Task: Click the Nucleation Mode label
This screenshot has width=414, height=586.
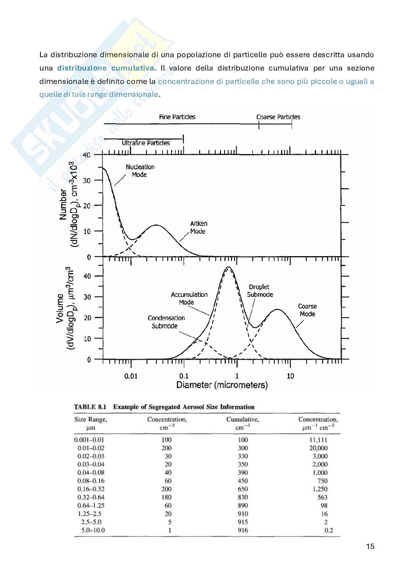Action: (x=140, y=171)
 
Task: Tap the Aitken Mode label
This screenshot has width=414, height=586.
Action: (x=198, y=227)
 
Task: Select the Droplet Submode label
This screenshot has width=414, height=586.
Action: (x=260, y=291)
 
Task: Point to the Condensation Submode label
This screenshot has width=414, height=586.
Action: (x=166, y=322)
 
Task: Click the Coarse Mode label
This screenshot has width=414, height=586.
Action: (x=307, y=310)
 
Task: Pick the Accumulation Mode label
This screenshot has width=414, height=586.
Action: (x=189, y=298)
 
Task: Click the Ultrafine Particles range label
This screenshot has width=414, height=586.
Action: (x=146, y=143)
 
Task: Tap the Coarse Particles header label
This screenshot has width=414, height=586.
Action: (x=278, y=117)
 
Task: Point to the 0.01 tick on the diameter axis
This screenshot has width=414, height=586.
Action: (x=131, y=376)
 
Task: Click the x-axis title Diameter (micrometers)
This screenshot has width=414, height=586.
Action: (x=222, y=385)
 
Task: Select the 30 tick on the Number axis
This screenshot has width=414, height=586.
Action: (x=86, y=180)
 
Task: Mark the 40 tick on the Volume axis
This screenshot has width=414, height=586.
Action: (x=87, y=276)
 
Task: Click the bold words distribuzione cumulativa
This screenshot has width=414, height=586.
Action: (x=105, y=68)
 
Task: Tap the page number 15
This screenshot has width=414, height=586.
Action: (x=370, y=546)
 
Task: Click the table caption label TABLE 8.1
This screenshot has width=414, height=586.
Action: (x=90, y=407)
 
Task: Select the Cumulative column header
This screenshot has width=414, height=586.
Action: (x=243, y=419)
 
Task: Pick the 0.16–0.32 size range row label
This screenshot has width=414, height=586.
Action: (x=91, y=489)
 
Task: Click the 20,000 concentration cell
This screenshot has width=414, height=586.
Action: (x=318, y=448)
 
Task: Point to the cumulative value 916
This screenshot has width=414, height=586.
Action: (x=243, y=530)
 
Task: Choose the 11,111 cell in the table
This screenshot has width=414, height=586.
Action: (x=318, y=440)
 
